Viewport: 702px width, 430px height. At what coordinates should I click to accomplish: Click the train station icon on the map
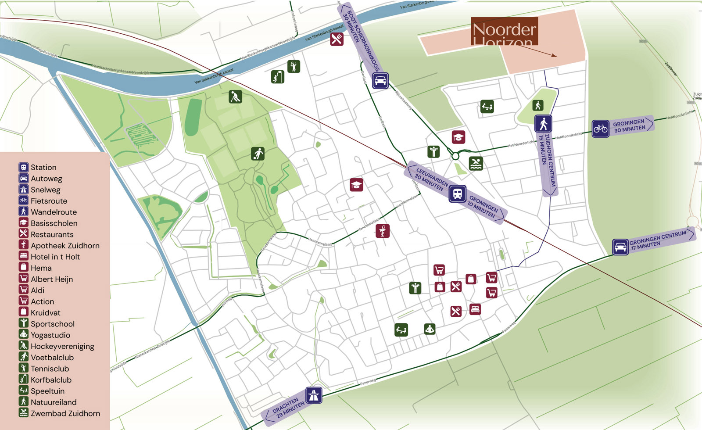(x=457, y=193)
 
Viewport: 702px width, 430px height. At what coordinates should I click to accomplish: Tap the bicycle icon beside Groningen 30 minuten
(x=600, y=129)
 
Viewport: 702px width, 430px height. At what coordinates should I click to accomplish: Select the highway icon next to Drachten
(x=313, y=395)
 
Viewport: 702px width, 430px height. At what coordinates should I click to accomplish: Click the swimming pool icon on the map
(x=476, y=164)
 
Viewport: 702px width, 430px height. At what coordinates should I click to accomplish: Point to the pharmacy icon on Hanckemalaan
(x=383, y=231)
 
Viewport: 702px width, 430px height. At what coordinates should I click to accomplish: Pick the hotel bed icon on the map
(x=475, y=309)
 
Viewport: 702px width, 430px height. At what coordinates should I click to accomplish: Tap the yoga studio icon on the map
(x=430, y=329)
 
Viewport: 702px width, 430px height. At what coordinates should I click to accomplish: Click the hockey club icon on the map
(x=236, y=97)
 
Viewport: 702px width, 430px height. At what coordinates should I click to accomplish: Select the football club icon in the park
(x=258, y=154)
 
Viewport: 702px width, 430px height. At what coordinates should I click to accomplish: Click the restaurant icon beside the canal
(x=337, y=39)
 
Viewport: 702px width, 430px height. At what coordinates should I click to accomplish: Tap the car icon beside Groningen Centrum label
(x=620, y=247)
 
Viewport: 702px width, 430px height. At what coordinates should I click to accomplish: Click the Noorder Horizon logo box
(x=505, y=31)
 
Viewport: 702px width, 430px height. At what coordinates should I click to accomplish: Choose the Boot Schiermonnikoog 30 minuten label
(x=358, y=39)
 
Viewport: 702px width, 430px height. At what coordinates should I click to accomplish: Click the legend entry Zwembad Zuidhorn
(x=65, y=413)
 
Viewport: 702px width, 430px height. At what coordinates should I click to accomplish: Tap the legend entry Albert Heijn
(x=51, y=279)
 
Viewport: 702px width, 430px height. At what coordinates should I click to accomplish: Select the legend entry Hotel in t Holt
(x=55, y=257)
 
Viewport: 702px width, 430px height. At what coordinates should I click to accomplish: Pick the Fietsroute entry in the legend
(x=49, y=201)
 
